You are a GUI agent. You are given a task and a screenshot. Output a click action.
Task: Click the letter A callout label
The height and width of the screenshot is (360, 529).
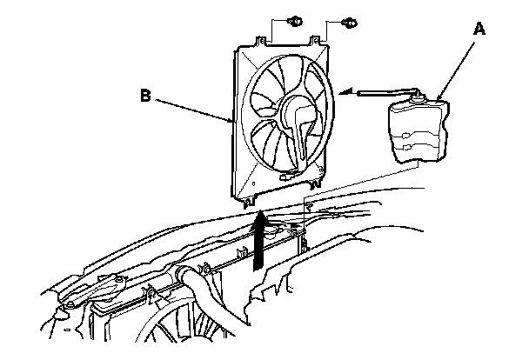tap(478, 29)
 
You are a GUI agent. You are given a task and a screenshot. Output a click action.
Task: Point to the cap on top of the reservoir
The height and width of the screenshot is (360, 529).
tap(421, 97)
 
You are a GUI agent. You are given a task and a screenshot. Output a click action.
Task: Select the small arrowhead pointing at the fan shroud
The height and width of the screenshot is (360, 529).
tap(346, 90)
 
